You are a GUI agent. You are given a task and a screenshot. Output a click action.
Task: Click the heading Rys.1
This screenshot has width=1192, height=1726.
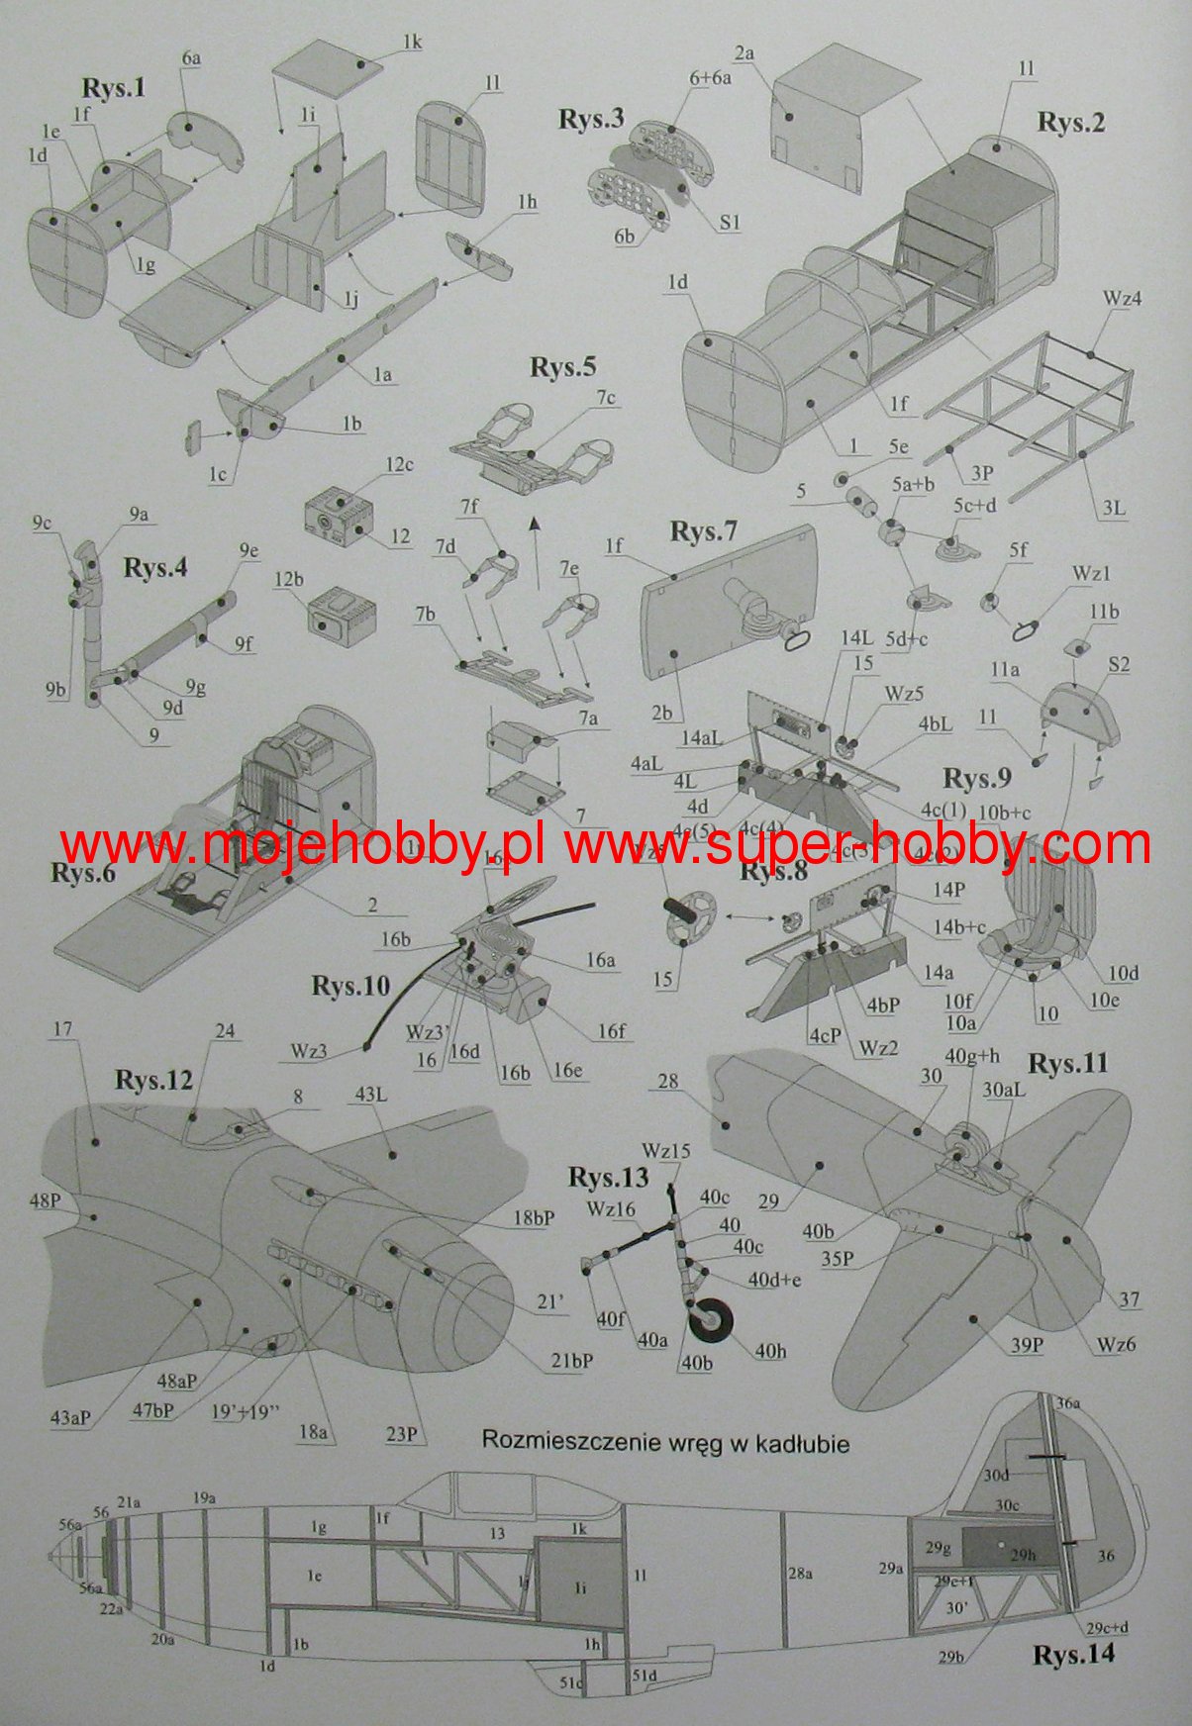pyautogui.click(x=114, y=88)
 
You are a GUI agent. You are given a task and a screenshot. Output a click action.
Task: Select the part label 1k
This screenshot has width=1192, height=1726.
pyautogui.click(x=412, y=43)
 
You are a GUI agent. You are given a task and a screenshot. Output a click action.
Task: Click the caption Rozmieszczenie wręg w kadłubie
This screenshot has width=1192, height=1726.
pyautogui.click(x=665, y=1441)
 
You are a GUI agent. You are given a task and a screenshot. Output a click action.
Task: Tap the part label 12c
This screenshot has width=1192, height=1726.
pyautogui.click(x=400, y=464)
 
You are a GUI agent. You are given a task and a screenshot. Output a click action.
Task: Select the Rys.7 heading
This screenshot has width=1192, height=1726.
pyautogui.click(x=703, y=531)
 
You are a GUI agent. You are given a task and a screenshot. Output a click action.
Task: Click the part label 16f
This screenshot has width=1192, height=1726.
pyautogui.click(x=612, y=1032)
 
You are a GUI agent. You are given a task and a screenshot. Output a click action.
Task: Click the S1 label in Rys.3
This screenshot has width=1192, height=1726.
pyautogui.click(x=730, y=224)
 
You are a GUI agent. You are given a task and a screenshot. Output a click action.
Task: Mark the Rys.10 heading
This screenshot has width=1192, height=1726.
pyautogui.click(x=350, y=986)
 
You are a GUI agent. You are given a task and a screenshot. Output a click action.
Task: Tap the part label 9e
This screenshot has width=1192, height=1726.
pyautogui.click(x=248, y=550)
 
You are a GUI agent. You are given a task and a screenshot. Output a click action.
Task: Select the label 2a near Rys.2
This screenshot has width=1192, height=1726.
pyautogui.click(x=745, y=52)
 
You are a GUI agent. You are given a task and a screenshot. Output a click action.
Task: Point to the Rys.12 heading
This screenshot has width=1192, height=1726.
pyautogui.click(x=152, y=1079)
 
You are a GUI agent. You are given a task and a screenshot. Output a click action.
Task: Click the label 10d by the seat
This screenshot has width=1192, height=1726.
pyautogui.click(x=1123, y=974)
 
